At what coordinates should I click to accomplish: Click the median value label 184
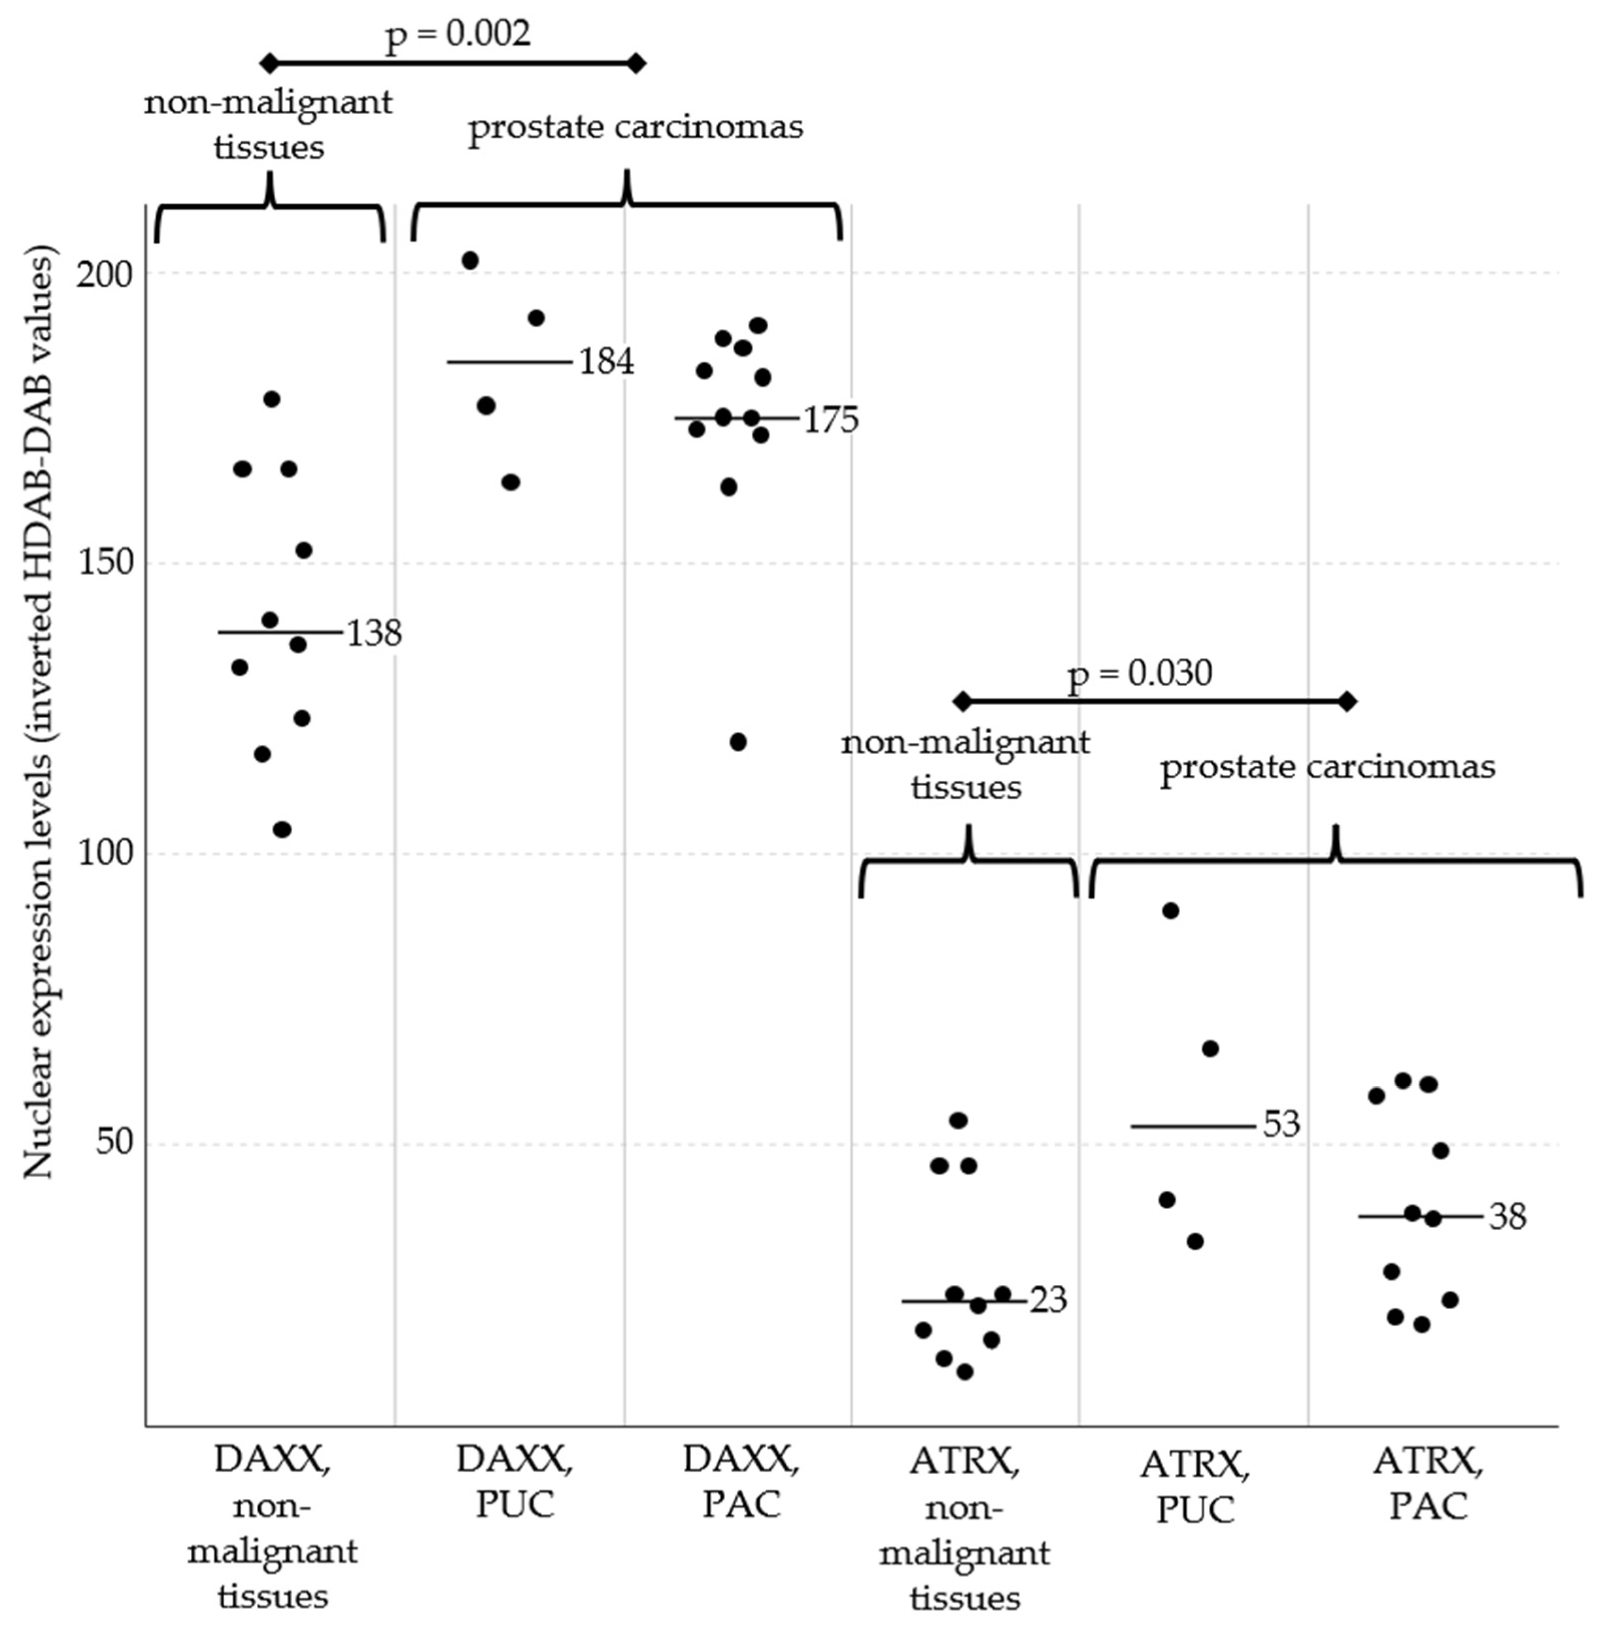point(605,362)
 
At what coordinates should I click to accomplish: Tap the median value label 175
point(830,420)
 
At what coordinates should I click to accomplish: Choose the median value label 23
point(1048,1300)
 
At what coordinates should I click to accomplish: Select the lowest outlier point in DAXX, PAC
point(738,742)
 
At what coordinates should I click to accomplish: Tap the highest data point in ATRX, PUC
point(1171,910)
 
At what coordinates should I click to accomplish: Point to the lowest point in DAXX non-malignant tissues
point(282,830)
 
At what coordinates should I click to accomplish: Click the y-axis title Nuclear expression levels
point(38,709)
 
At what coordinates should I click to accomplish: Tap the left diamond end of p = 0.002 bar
point(268,62)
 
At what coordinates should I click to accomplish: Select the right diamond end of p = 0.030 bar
point(1348,701)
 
